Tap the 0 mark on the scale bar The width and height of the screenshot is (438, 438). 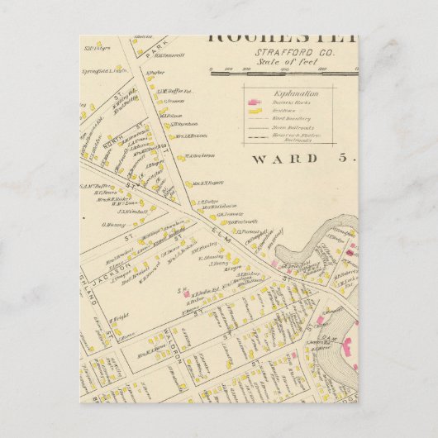pyautogui.click(x=211, y=69)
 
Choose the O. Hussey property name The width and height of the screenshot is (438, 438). pyautogui.click(x=113, y=225)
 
